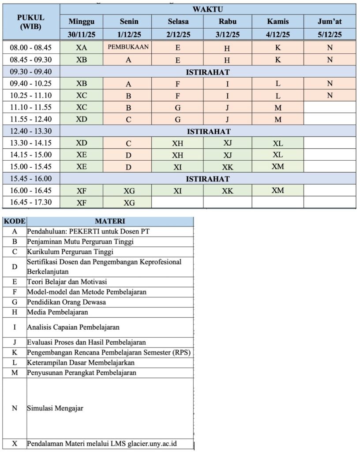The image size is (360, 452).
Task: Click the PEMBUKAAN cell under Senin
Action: point(128,47)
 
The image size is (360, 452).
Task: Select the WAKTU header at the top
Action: point(207,9)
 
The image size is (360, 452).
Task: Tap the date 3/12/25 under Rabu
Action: point(228,34)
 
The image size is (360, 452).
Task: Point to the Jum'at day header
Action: point(330,21)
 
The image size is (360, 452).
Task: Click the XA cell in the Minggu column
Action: point(81,47)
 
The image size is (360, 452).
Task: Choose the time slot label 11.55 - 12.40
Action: point(31,119)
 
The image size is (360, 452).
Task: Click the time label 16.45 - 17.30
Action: point(31,202)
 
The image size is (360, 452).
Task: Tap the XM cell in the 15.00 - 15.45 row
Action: point(277,166)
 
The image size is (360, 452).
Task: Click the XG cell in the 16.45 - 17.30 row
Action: point(129,203)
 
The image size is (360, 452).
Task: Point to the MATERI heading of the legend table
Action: point(110,221)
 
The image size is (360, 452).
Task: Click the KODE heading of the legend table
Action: point(15,221)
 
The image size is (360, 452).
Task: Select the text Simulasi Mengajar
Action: point(55,408)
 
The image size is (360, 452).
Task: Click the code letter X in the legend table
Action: point(15,444)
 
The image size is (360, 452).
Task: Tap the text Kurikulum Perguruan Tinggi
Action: point(70,252)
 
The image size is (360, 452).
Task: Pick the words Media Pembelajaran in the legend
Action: point(57,312)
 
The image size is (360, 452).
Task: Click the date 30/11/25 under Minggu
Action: point(81,34)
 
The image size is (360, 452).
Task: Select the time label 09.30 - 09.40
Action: point(31,71)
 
